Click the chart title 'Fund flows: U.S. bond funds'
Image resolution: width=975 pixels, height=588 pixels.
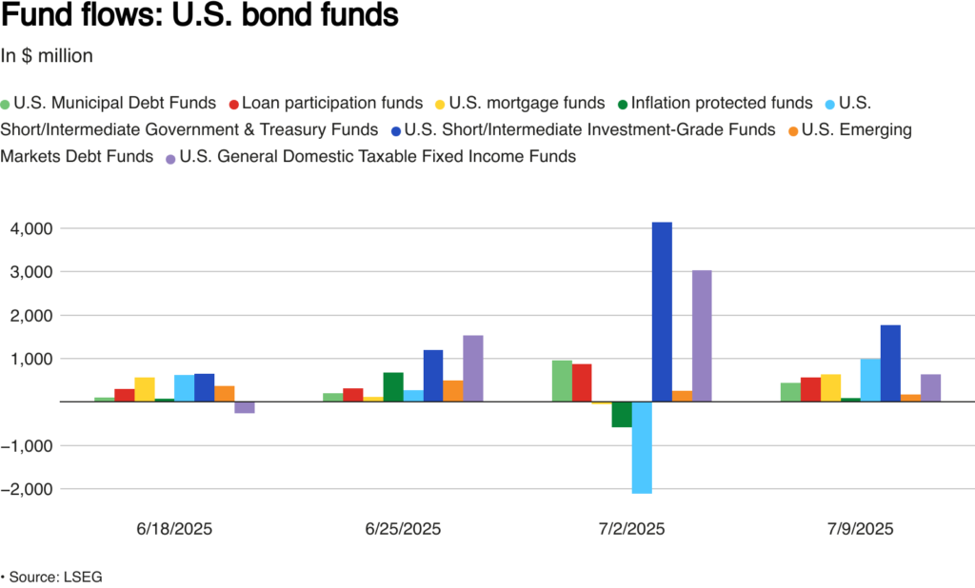pyautogui.click(x=201, y=17)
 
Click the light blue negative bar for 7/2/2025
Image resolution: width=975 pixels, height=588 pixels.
pyautogui.click(x=642, y=447)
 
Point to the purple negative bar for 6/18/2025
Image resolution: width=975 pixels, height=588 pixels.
pyautogui.click(x=245, y=407)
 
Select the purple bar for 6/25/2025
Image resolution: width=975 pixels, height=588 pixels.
pyautogui.click(x=473, y=368)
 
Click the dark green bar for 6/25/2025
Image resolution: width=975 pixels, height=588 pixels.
pyautogui.click(x=393, y=386)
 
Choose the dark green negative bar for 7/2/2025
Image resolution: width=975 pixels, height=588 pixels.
pyautogui.click(x=622, y=414)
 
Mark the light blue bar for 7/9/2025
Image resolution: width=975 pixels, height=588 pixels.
pyautogui.click(x=870, y=380)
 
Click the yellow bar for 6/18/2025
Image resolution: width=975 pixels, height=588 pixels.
pyautogui.click(x=145, y=389)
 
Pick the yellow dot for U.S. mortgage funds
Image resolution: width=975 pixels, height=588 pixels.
pyautogui.click(x=439, y=104)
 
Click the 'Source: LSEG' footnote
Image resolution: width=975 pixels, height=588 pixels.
pyautogui.click(x=58, y=577)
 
